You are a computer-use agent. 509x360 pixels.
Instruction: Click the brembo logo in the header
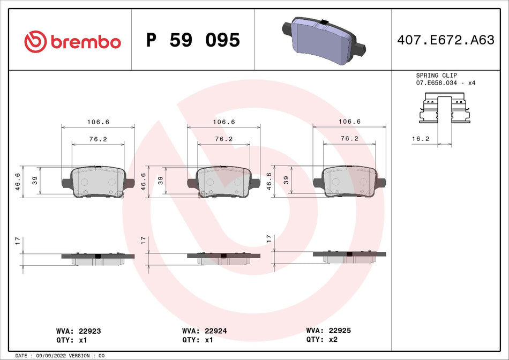pos(72,41)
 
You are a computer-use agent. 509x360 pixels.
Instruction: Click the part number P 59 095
pos(193,40)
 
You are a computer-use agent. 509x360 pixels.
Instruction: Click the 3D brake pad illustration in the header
pos(324,39)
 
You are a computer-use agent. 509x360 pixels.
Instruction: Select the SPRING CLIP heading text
pos(436,76)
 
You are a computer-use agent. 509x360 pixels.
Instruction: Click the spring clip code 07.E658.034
pos(438,84)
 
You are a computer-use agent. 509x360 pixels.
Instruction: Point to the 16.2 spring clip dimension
pos(421,138)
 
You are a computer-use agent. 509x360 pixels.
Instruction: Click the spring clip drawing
pos(444,109)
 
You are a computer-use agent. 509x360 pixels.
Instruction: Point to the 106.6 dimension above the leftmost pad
pos(98,122)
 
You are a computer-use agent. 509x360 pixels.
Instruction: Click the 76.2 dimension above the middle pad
pos(223,139)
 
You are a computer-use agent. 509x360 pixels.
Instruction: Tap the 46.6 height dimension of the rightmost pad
pos(269,182)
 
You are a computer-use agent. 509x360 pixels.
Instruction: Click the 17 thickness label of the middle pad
pos(143,240)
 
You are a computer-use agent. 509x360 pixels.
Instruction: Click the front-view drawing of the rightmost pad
pos(349,182)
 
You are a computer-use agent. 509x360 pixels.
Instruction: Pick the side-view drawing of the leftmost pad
pos(98,258)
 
